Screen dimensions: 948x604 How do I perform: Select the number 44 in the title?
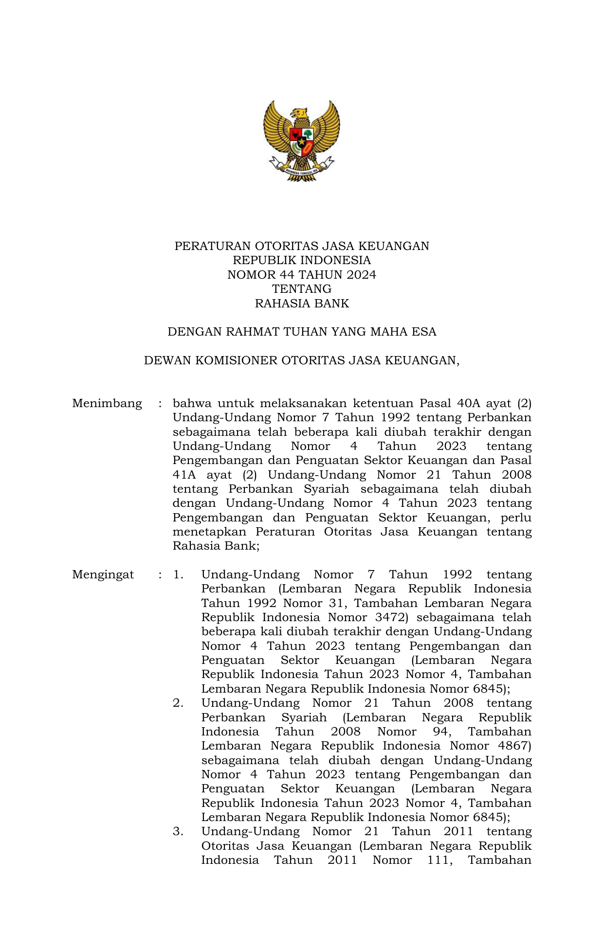287,275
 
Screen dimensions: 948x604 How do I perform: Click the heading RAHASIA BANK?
302,304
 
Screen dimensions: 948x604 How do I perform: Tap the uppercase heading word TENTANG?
302,289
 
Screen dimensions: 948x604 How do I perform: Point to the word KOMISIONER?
236,360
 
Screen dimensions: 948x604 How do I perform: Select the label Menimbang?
107,403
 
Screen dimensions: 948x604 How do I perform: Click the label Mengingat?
103,574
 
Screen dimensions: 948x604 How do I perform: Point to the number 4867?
514,746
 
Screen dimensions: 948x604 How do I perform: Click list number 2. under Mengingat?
178,703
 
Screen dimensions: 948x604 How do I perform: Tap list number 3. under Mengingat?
178,831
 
